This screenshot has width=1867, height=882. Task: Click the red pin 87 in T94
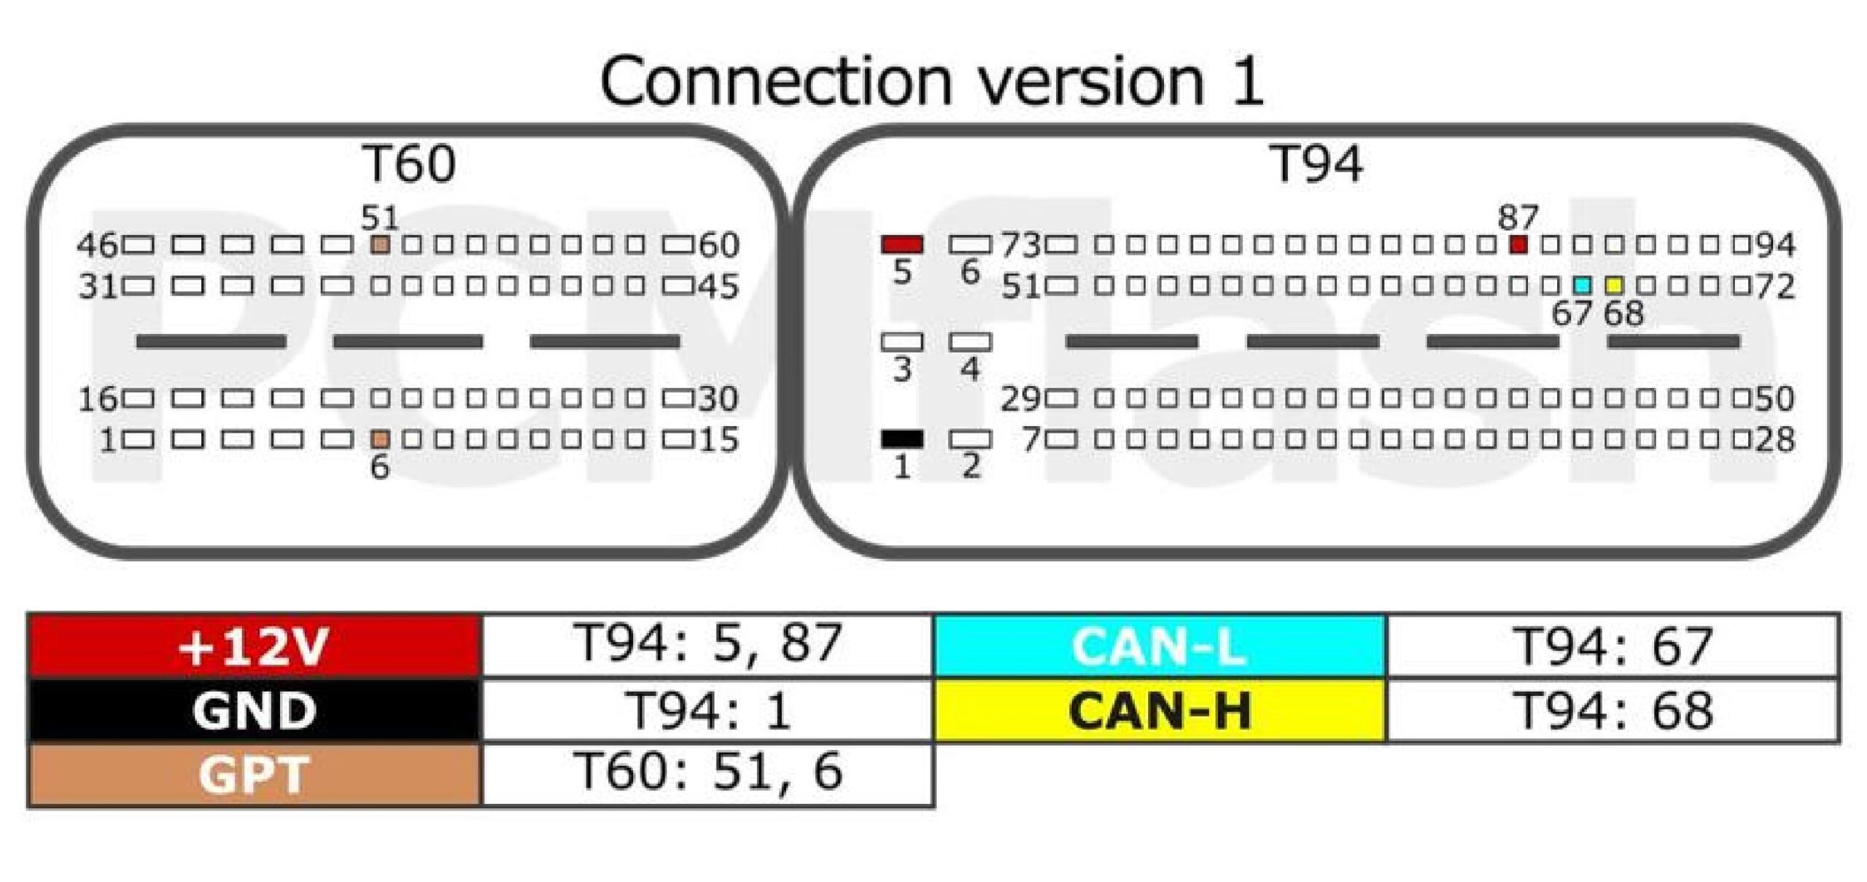1518,244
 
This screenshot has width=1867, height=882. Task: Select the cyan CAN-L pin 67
1583,285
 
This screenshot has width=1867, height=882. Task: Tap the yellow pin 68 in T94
1615,285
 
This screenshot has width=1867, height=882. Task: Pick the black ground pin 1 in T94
902,439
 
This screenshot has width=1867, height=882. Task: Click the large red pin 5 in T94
902,244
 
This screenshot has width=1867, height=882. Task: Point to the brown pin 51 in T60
380,244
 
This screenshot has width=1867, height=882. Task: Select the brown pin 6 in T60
380,439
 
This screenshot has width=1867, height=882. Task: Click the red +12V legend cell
255,646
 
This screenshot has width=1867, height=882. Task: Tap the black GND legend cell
255,710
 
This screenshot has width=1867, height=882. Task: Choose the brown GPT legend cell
255,774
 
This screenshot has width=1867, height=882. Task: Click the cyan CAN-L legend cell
1160,646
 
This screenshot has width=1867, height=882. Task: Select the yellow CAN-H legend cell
1160,710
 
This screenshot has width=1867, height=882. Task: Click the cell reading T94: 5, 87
707,646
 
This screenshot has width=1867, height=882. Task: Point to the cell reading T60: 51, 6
707,774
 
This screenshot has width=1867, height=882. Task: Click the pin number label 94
1775,245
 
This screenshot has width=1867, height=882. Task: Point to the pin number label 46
97,245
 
